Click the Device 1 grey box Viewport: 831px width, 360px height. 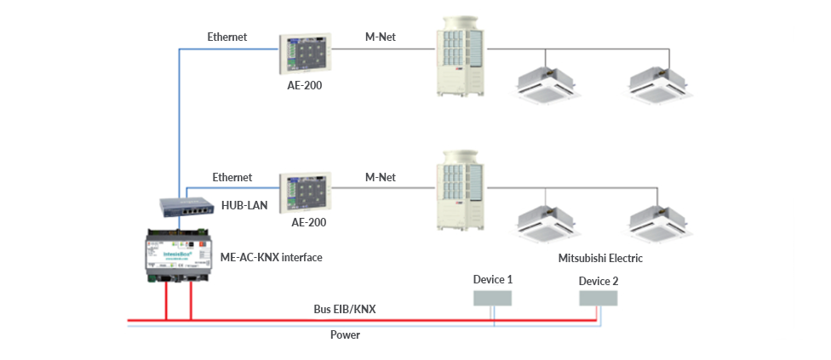[492, 296]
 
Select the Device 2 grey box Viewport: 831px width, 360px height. [599, 298]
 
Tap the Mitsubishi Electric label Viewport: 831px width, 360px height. [600, 258]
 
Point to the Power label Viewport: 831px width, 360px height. [345, 334]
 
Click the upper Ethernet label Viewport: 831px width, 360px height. [227, 37]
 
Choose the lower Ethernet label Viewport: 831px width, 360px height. [232, 177]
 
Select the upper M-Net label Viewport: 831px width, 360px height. [380, 37]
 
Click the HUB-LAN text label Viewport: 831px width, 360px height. [244, 205]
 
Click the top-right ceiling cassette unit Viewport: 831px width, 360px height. [656, 82]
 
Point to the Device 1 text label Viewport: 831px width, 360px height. [492, 279]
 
